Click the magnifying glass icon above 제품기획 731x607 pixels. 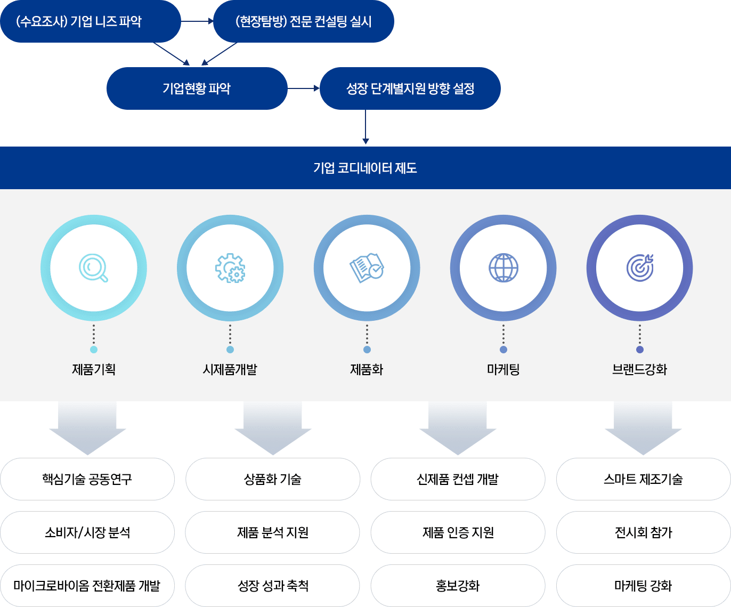(93, 268)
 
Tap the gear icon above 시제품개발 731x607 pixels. (230, 268)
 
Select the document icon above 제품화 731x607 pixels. (367, 268)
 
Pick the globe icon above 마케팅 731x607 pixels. (503, 268)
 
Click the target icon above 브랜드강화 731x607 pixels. (640, 268)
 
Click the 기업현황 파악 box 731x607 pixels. (197, 88)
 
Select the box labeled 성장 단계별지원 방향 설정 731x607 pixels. (410, 88)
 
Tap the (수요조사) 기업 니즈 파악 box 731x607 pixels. (90, 21)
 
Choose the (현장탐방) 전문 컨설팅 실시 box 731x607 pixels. (303, 21)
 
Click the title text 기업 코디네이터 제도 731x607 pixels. (365, 168)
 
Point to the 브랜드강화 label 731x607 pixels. (640, 369)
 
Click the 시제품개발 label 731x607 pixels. (230, 369)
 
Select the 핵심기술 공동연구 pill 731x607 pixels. (87, 479)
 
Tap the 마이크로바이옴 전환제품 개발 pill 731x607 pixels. (87, 586)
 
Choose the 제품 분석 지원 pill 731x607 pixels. (273, 532)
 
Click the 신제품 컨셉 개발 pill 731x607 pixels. (458, 479)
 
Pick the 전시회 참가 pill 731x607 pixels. (644, 532)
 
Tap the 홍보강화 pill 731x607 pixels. (458, 586)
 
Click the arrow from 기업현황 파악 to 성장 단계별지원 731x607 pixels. (304, 88)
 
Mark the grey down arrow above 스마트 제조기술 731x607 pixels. (643, 426)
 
